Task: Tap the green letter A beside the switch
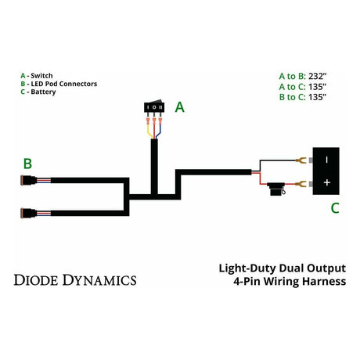(x=179, y=108)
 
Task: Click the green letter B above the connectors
(x=27, y=164)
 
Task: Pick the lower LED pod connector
(x=29, y=212)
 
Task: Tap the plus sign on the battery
(x=326, y=182)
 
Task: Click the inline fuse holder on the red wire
(x=275, y=189)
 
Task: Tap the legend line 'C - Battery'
(x=40, y=92)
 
